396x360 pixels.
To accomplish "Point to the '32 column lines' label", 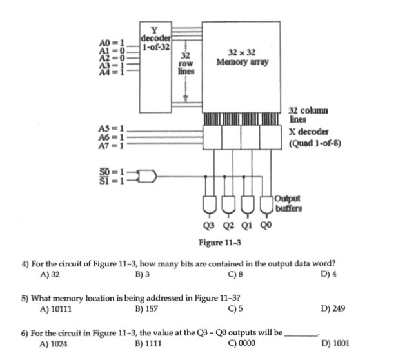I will click(x=308, y=115).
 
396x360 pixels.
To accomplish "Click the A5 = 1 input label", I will click(x=110, y=128).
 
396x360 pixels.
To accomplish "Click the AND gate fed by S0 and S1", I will click(x=148, y=175).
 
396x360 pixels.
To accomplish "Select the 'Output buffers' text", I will click(x=288, y=203).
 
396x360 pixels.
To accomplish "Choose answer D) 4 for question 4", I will click(x=328, y=273).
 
